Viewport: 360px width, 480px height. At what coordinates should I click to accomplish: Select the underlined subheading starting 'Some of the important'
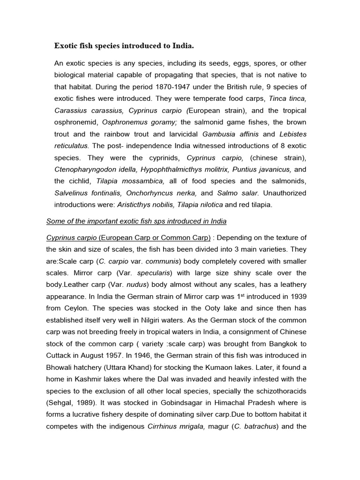tap(136, 221)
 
